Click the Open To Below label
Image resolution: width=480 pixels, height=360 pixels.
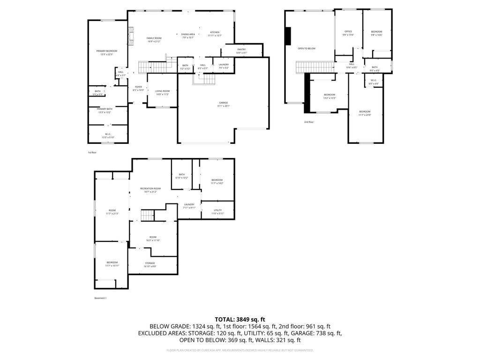tap(307, 49)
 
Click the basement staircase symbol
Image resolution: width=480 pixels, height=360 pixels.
tap(148, 216)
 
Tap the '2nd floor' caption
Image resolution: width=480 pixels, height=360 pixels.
tap(309, 122)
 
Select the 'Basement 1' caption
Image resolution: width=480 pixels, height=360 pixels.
tap(100, 298)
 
